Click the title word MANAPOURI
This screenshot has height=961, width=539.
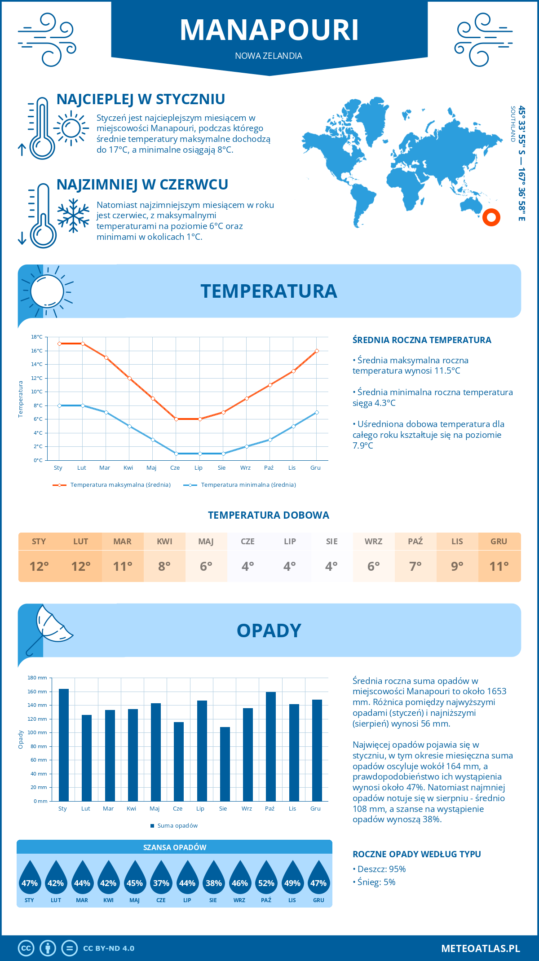point(269,30)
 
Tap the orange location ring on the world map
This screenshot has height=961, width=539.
point(491,217)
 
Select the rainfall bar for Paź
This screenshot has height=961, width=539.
point(271,746)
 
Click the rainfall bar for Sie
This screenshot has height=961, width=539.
point(225,764)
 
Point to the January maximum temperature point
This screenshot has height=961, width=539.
point(59,344)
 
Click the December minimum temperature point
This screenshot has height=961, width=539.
point(317,412)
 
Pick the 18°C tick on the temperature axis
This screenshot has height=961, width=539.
point(37,337)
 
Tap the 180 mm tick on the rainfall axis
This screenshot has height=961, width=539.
point(38,678)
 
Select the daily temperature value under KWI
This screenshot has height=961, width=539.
point(164,566)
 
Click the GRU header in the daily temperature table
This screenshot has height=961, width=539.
point(499,541)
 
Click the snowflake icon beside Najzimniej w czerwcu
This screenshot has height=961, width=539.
point(73,216)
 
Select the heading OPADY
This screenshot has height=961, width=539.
point(269,630)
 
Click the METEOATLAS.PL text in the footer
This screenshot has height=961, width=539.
point(481,948)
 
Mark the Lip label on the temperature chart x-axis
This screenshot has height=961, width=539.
point(199,468)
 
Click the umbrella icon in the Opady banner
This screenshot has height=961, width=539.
point(49,626)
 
